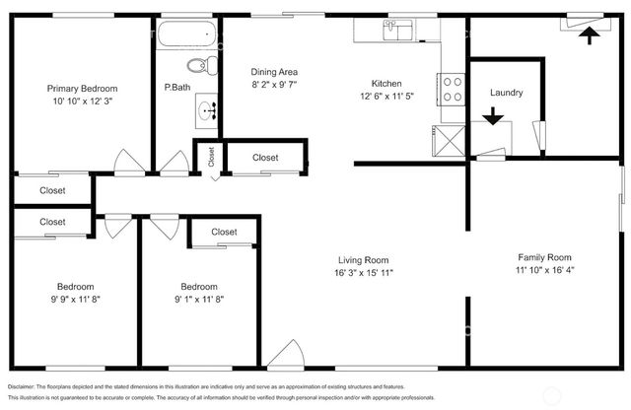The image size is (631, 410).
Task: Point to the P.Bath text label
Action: point(177,87)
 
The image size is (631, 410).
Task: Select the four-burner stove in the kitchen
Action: point(452,90)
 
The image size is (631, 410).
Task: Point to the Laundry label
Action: point(506,94)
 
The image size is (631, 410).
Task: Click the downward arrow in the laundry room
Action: point(493,117)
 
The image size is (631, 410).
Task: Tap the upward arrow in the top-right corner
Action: point(589,35)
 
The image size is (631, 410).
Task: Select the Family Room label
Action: point(545,257)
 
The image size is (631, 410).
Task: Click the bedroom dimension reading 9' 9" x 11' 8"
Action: point(75,299)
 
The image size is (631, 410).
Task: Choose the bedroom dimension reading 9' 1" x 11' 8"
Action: point(198,299)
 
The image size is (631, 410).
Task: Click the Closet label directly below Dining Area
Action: point(264,158)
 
